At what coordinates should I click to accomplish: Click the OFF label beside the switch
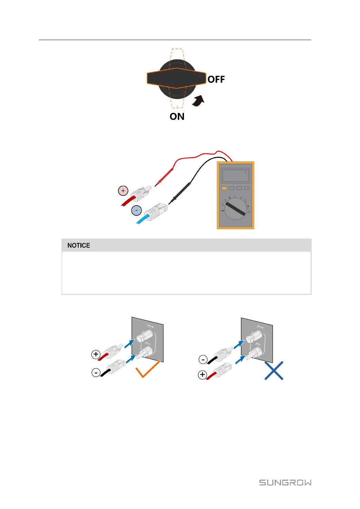[216, 79]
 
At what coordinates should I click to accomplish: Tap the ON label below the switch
[177, 117]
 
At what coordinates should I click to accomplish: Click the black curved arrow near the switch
[199, 101]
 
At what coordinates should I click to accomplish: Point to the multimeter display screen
[235, 176]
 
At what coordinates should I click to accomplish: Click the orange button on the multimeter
[224, 188]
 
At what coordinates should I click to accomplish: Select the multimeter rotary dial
[236, 209]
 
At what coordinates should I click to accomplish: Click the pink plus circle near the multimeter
[123, 191]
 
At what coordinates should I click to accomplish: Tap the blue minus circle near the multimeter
[137, 210]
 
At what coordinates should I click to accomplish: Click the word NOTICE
[79, 246]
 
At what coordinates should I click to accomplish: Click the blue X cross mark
[274, 371]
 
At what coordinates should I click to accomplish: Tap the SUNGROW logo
[285, 482]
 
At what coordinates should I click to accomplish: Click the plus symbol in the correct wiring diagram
[96, 354]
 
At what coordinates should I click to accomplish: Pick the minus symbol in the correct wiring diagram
[96, 373]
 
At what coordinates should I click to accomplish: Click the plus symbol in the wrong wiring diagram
[203, 375]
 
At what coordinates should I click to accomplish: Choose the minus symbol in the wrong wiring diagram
[203, 360]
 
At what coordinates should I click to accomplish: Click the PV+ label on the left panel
[150, 326]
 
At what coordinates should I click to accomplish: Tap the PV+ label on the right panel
[260, 327]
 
